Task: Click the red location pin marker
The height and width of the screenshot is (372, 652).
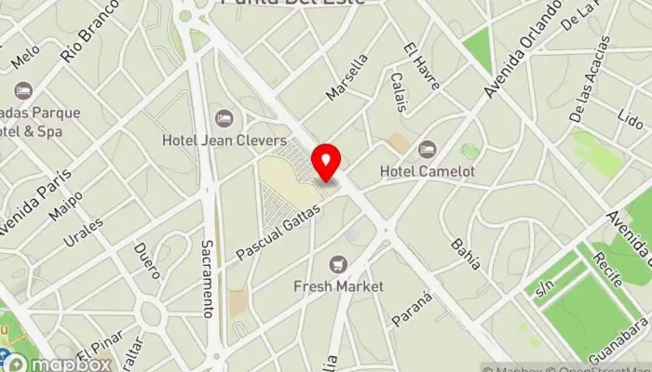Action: (x=326, y=163)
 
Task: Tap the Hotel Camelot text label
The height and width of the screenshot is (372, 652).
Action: (x=428, y=171)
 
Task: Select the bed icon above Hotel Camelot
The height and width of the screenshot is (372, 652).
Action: (x=428, y=149)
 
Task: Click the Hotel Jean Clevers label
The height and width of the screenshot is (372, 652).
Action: (x=224, y=140)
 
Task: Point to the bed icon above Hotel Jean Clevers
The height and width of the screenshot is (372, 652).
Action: (x=224, y=118)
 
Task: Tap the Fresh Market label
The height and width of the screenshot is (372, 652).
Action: (x=338, y=286)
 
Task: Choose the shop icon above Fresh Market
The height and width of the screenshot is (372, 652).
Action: (x=338, y=264)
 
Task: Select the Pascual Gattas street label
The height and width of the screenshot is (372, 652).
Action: (x=278, y=232)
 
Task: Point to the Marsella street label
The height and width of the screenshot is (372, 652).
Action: (x=347, y=77)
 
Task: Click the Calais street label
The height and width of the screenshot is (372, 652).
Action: (x=399, y=92)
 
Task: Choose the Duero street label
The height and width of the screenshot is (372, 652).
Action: (x=147, y=261)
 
